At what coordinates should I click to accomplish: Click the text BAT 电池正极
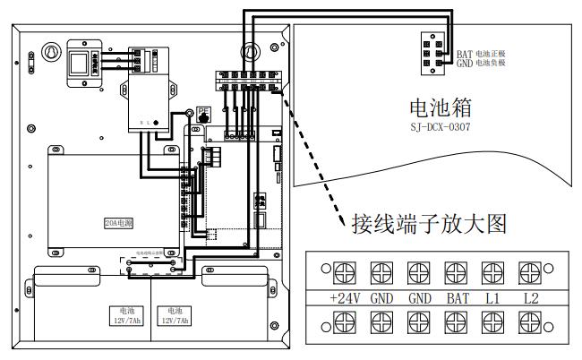tap(480, 55)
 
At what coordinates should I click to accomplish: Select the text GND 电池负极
tap(480, 64)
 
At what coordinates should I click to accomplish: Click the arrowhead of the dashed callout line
tap(341, 223)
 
